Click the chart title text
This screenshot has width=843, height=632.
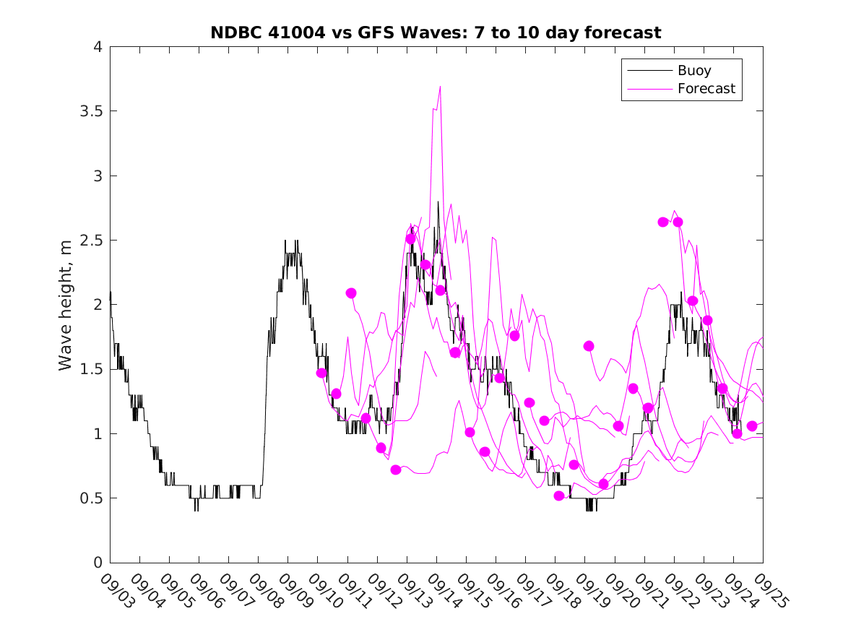coord(436,33)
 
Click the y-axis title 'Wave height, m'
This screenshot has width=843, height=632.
coord(66,305)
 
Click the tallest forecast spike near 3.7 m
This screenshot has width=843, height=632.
coord(439,87)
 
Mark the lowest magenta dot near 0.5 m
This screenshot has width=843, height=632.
coord(559,495)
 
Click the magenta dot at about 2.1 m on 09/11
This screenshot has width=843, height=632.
coord(351,293)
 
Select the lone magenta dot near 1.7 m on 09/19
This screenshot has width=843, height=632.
coord(589,346)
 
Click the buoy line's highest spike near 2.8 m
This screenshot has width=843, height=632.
coord(438,202)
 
